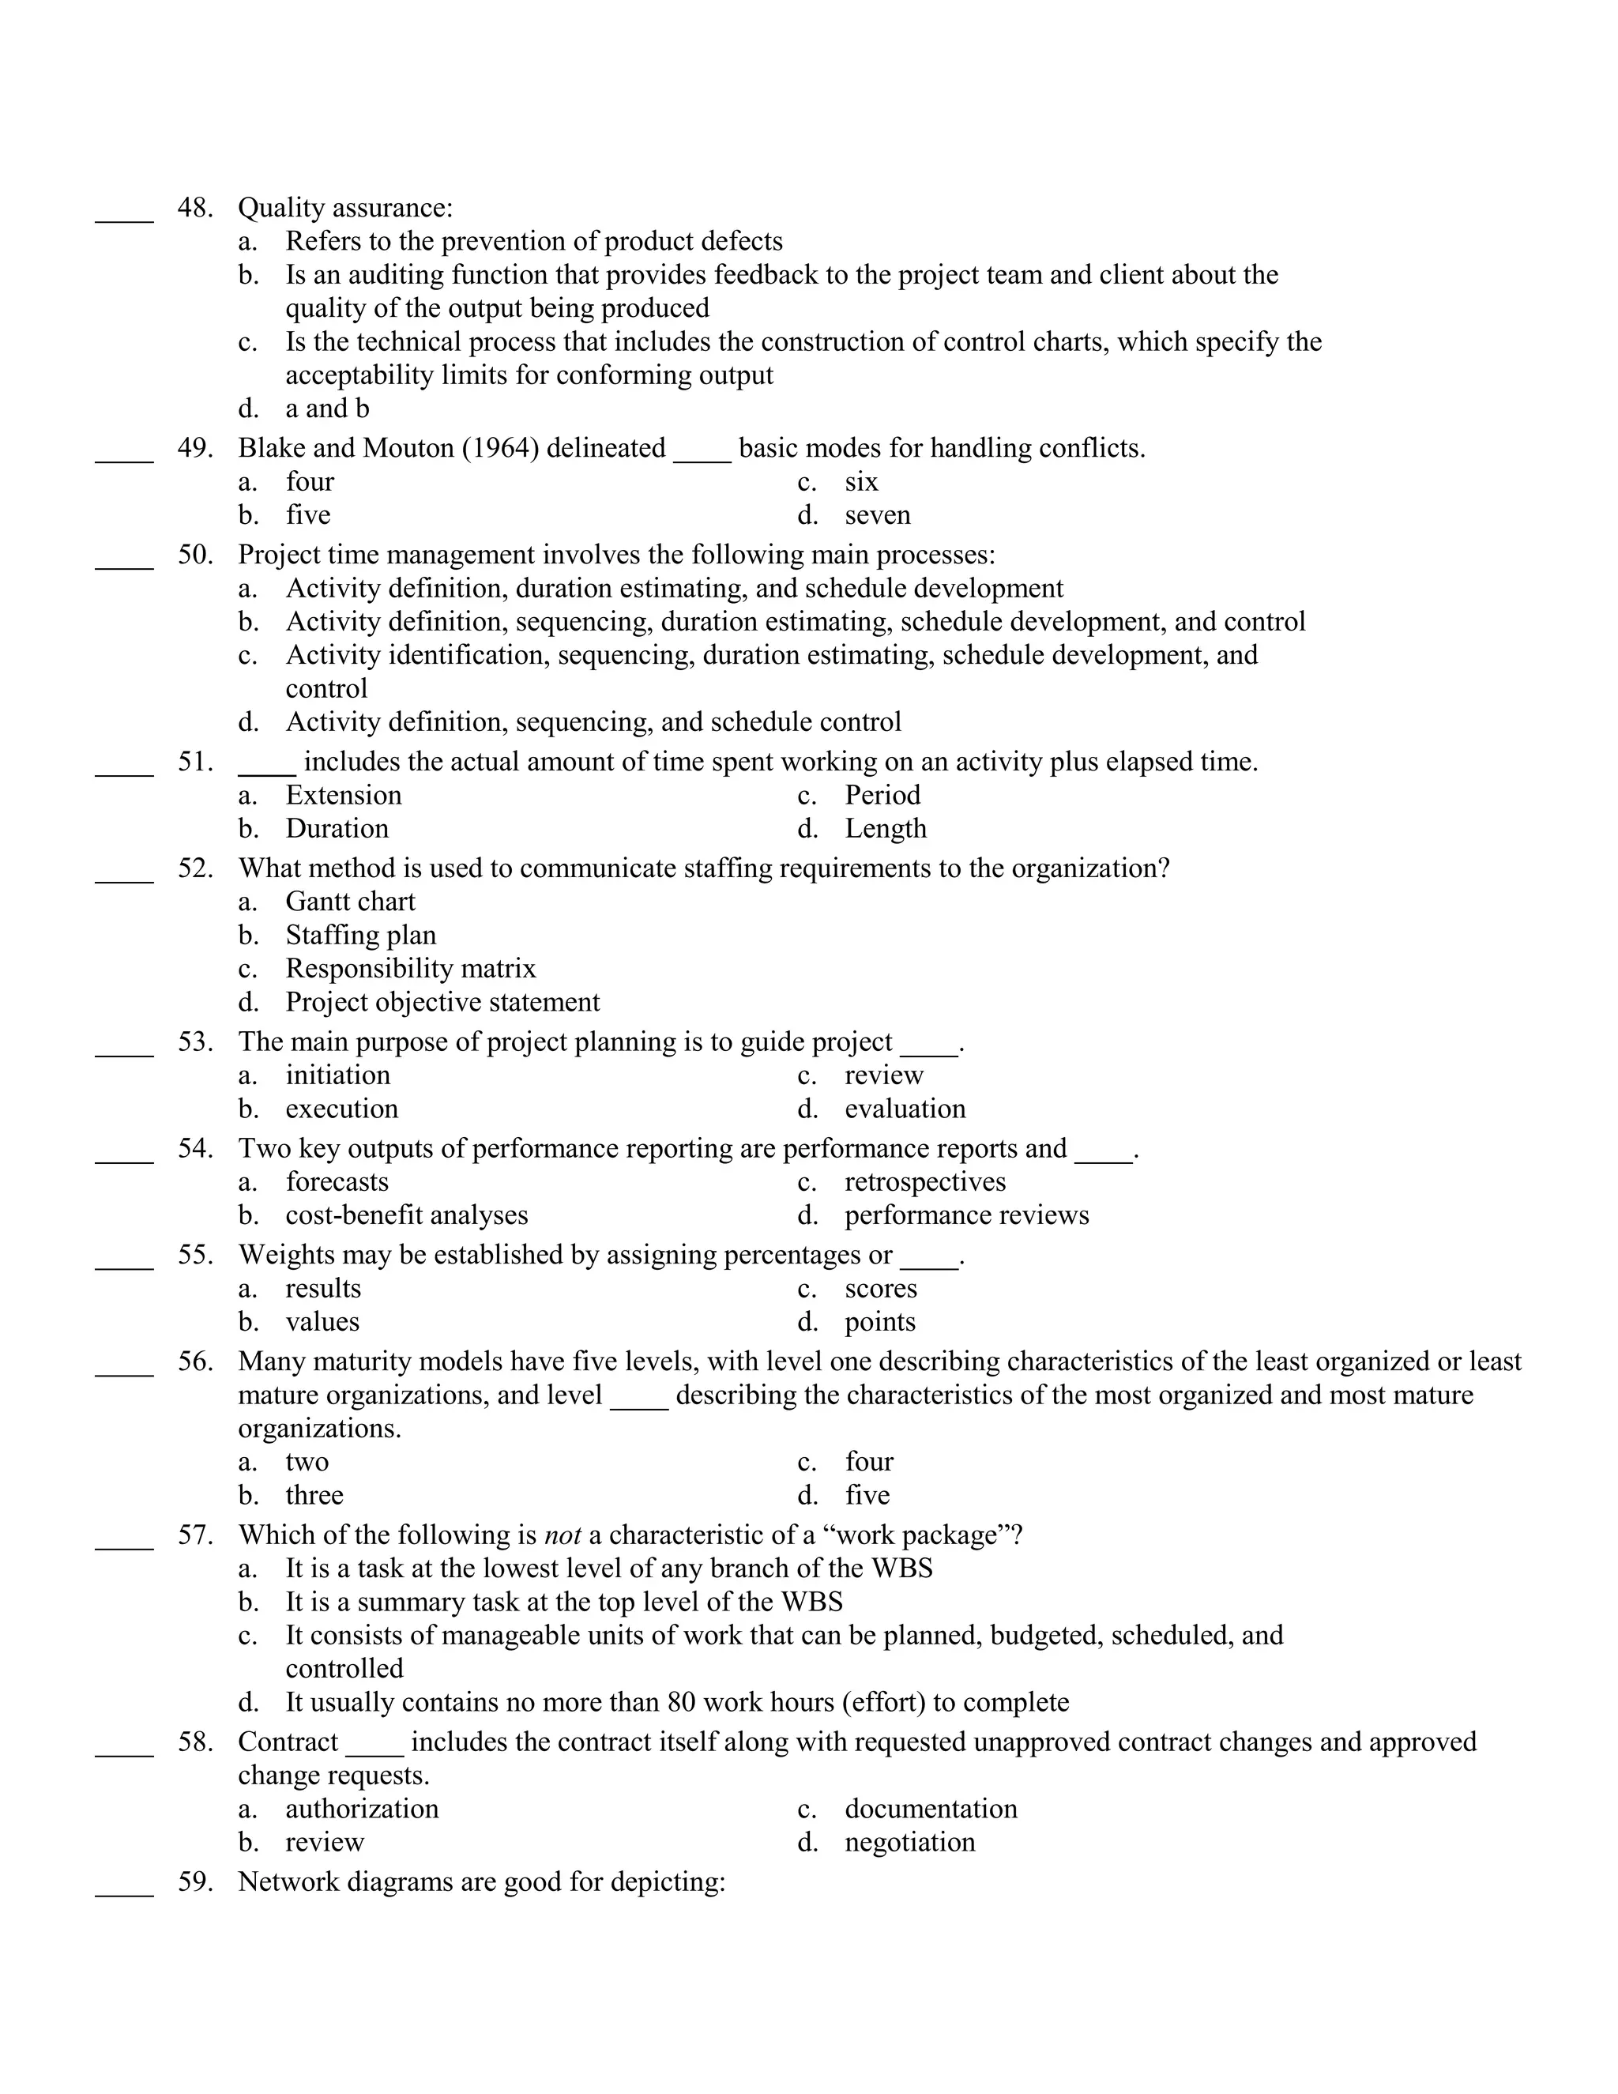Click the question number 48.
point(194,208)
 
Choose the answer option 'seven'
point(877,516)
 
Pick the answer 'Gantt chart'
point(350,902)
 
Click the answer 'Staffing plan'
point(360,936)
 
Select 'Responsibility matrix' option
point(410,970)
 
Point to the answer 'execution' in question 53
point(341,1109)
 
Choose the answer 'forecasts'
point(337,1182)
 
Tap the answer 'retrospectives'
point(924,1182)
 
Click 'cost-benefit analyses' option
point(406,1216)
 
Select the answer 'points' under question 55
point(879,1322)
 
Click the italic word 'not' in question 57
point(563,1535)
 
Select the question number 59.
point(194,1882)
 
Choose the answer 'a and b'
point(327,409)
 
